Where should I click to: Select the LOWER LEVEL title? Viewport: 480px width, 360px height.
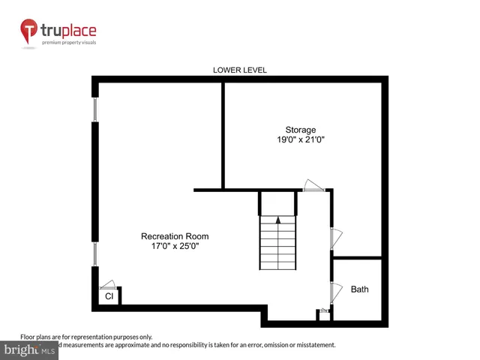[x=240, y=70]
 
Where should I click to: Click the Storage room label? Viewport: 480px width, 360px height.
[x=300, y=130]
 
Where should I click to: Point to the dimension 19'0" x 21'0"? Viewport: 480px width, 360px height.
[x=300, y=139]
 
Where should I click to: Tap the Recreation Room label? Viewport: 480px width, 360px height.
[x=175, y=236]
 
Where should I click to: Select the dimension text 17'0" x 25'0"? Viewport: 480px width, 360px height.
[x=175, y=246]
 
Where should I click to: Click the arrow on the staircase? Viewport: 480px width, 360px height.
[x=278, y=220]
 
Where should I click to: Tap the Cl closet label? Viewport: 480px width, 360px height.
[x=109, y=297]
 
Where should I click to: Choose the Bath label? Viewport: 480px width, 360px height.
[x=360, y=289]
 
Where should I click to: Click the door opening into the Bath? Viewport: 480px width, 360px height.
[x=335, y=291]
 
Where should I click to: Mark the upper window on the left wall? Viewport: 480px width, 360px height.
[x=95, y=109]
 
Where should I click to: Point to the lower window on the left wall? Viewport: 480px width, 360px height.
[x=95, y=253]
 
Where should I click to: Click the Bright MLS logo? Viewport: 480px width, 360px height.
[x=29, y=350]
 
